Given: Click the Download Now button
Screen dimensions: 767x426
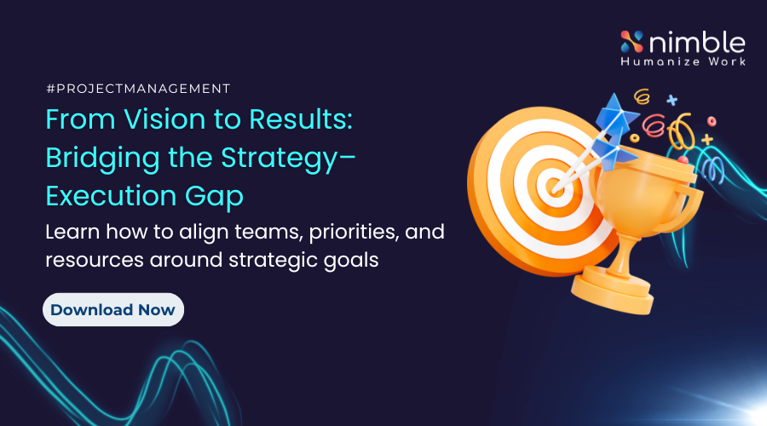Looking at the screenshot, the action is (x=113, y=309).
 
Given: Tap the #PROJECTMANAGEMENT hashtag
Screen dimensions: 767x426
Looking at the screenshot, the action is (x=138, y=89).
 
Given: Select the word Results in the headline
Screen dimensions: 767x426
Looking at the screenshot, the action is (x=300, y=119).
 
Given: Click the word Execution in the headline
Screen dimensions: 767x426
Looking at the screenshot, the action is (x=111, y=196).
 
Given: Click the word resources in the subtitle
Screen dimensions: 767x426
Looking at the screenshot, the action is (x=95, y=260).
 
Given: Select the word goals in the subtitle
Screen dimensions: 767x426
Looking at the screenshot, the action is (x=351, y=261).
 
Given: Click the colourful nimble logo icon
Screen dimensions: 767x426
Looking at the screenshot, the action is (x=632, y=42).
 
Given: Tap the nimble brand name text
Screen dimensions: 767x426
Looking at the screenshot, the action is (x=697, y=42).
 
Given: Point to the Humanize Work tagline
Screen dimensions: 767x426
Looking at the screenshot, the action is (x=683, y=61).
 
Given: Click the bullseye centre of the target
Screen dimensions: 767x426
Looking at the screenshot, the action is (x=554, y=187).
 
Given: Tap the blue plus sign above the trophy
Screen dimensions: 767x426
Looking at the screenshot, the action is (x=672, y=100).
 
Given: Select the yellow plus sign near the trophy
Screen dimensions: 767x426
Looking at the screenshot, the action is (x=706, y=140).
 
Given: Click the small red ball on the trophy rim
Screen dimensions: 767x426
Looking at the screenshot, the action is (x=683, y=160).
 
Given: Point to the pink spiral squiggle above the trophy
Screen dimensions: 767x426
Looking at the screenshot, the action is (x=654, y=125).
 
